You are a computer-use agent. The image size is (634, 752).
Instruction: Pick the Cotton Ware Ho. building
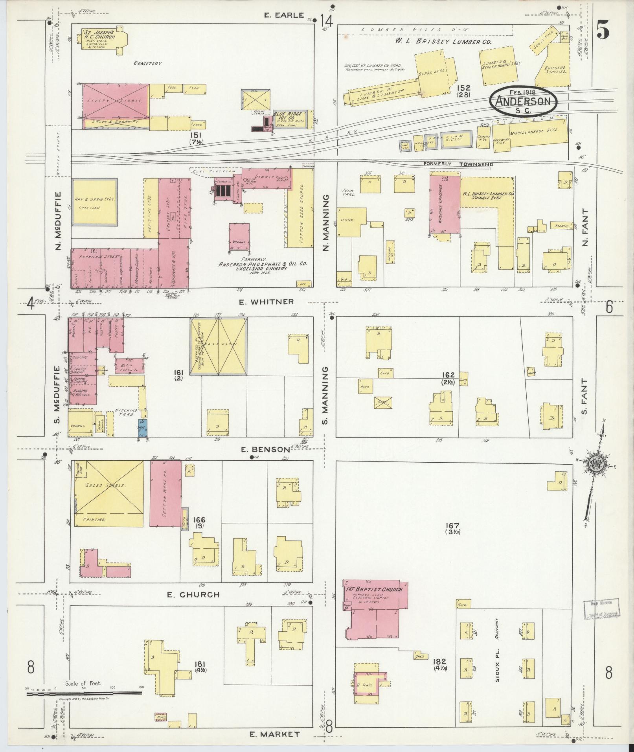pyautogui.click(x=165, y=493)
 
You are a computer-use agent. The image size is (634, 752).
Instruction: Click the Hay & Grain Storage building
pyautogui.click(x=94, y=202)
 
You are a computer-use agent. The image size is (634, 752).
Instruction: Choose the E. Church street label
pyautogui.click(x=193, y=605)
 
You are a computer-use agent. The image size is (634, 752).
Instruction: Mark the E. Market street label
pyautogui.click(x=275, y=734)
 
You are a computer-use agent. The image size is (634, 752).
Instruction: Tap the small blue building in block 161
pyautogui.click(x=142, y=428)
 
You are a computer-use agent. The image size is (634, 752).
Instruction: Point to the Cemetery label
pyautogui.click(x=147, y=63)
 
